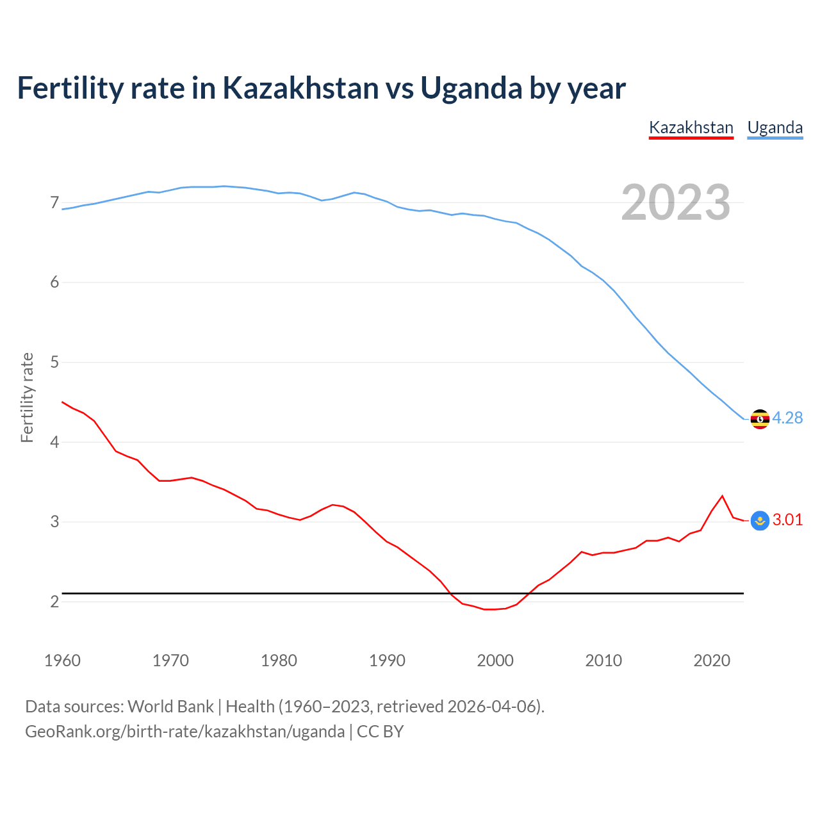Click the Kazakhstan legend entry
(691, 127)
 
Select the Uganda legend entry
(775, 127)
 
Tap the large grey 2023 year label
(675, 202)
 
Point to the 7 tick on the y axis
(54, 203)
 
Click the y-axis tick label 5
(54, 363)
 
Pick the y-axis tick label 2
(54, 602)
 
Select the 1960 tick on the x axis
(62, 660)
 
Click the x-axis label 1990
(387, 660)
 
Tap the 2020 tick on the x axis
(712, 660)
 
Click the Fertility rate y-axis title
(27, 397)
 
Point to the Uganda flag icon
(760, 419)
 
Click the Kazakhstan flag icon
(760, 521)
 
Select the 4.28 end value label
(787, 418)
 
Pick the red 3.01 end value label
(787, 520)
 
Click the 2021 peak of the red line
(722, 496)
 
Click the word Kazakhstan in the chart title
(300, 88)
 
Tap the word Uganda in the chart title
(471, 88)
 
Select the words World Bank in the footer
(170, 707)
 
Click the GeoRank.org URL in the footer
(184, 732)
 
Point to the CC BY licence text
(380, 732)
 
